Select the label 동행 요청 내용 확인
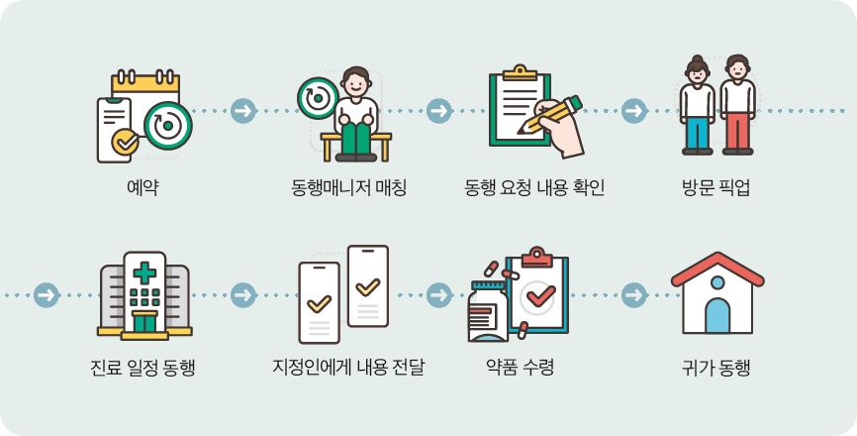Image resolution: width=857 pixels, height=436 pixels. pos(534,186)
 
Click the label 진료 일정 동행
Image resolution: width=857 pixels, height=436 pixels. pos(143,369)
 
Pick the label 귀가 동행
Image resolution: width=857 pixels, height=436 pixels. pos(716,369)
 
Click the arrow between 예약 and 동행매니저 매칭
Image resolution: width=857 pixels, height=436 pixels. pos(242,111)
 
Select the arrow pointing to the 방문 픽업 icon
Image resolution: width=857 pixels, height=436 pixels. pos(634,111)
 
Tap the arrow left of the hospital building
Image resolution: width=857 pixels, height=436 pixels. pos(46,295)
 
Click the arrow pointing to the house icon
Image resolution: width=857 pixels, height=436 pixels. pos(634,295)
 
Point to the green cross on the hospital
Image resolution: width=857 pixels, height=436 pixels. pos(144,272)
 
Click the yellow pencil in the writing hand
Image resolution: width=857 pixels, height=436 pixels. pos(550,114)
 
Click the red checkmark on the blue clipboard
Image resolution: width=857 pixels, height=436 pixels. pos(540,294)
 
